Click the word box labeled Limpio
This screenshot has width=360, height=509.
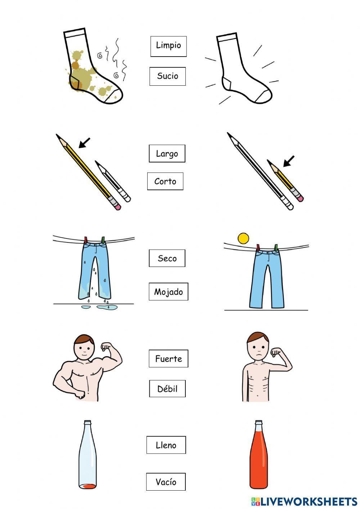[x=168, y=46]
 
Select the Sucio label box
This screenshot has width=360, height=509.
[x=167, y=76]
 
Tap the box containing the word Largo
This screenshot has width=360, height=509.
[x=167, y=153]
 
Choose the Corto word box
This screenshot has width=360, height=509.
[x=165, y=181]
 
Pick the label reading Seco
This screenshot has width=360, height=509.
[x=167, y=258]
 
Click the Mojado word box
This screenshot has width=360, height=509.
[x=168, y=291]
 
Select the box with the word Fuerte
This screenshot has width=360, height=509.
[x=168, y=358]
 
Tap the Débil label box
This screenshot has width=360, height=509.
[x=167, y=389]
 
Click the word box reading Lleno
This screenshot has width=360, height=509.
[x=166, y=445]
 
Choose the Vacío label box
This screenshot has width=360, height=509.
[x=166, y=482]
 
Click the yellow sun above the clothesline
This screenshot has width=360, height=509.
[x=243, y=238]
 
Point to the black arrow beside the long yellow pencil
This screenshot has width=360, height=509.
[x=84, y=143]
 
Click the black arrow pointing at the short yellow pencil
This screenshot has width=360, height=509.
[x=289, y=161]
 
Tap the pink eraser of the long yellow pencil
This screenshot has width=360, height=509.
[x=118, y=207]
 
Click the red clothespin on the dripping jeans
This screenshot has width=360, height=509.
[x=86, y=240]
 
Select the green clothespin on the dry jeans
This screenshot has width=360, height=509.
[x=276, y=248]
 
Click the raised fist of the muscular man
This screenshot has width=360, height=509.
[x=105, y=346]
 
